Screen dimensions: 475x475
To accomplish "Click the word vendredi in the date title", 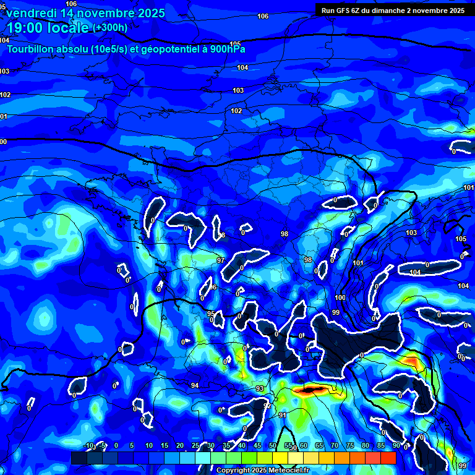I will point(30,13).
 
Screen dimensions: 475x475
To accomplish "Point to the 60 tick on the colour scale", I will point(304,445).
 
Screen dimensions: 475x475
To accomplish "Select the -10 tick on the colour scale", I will point(89,445).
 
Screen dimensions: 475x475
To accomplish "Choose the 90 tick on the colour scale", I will point(396,445).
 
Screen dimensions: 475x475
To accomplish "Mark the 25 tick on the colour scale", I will point(195,445).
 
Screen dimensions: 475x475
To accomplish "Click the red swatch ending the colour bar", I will point(388,458).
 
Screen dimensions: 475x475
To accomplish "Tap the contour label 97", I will point(221,260).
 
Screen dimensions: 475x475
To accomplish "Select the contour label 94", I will point(195,385).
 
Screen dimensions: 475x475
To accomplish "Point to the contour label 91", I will point(282,415).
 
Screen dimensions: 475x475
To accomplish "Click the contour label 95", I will point(211,314).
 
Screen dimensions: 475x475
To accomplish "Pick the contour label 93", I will point(260,388).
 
